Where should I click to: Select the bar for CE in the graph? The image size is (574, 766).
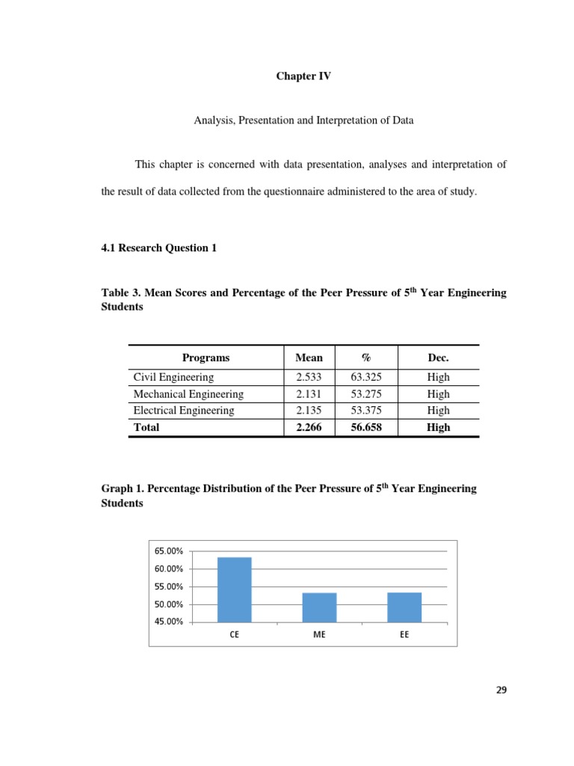click(x=234, y=589)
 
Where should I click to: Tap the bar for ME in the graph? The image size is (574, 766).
click(x=319, y=607)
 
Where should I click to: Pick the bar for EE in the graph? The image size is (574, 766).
click(x=404, y=607)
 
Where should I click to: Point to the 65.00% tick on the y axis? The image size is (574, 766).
click(x=168, y=551)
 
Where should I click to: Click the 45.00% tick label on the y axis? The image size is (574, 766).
click(x=168, y=622)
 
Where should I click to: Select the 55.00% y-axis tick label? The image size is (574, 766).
click(x=168, y=586)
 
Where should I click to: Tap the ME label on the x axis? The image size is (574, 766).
click(x=319, y=635)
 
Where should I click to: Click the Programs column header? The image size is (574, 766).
click(x=206, y=358)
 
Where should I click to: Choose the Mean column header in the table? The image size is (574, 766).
click(x=309, y=358)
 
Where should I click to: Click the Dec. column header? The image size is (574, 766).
click(x=438, y=358)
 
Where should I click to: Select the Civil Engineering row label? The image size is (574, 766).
click(x=173, y=378)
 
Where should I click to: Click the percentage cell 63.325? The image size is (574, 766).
click(x=366, y=378)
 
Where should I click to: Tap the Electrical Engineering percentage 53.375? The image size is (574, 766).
click(x=366, y=411)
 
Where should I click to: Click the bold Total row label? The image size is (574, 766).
click(x=146, y=427)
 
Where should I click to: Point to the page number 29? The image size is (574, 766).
click(x=501, y=690)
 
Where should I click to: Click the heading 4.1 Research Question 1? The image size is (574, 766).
click(x=158, y=248)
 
